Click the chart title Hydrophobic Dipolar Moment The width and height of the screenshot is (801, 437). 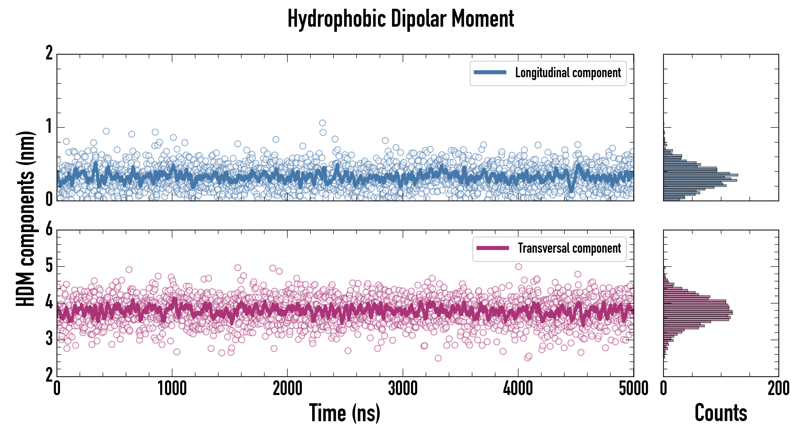pyautogui.click(x=400, y=19)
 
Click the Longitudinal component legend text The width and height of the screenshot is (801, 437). pyautogui.click(x=568, y=73)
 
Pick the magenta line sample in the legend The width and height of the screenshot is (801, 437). pyautogui.click(x=492, y=248)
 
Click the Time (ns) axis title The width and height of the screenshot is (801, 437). pyautogui.click(x=344, y=413)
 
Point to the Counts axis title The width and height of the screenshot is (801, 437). pyautogui.click(x=721, y=413)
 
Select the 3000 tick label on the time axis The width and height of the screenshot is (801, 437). pyautogui.click(x=403, y=389)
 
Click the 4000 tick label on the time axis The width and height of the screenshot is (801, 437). pyautogui.click(x=518, y=389)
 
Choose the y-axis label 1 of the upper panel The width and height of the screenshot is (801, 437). pyautogui.click(x=49, y=127)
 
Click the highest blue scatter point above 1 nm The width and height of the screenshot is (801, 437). pyautogui.click(x=322, y=123)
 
